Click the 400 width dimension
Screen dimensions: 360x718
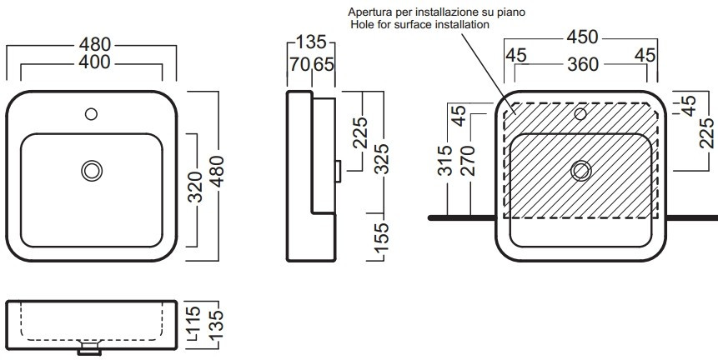(91, 62)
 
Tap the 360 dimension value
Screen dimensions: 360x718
(584, 64)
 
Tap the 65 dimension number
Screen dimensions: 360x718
(324, 64)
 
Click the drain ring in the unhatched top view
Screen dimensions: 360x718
(92, 171)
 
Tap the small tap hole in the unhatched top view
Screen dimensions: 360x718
(92, 112)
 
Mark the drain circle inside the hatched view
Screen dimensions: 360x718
(580, 171)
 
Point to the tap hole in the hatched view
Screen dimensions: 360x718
(581, 112)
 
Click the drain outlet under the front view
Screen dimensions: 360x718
(88, 350)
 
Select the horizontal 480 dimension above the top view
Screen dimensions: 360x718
(91, 43)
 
